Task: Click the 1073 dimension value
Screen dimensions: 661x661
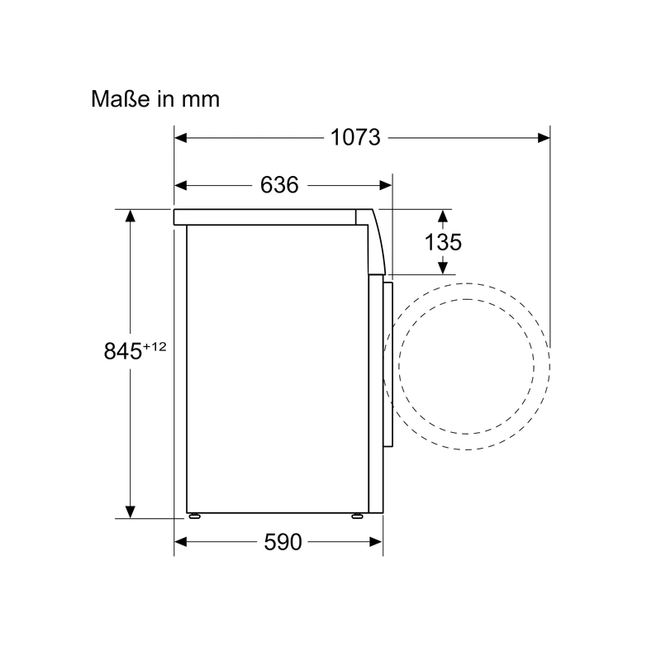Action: point(355,137)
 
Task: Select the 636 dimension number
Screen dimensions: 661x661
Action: point(279,184)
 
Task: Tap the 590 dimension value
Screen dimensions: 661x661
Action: point(283,542)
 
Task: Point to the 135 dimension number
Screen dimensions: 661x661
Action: point(443,242)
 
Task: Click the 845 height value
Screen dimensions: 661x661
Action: point(122,350)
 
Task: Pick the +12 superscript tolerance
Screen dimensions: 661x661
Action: point(155,346)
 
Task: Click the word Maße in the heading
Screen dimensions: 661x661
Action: point(121,99)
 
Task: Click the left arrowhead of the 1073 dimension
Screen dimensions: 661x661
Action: point(180,138)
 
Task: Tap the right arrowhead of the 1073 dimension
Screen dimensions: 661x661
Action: point(544,138)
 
